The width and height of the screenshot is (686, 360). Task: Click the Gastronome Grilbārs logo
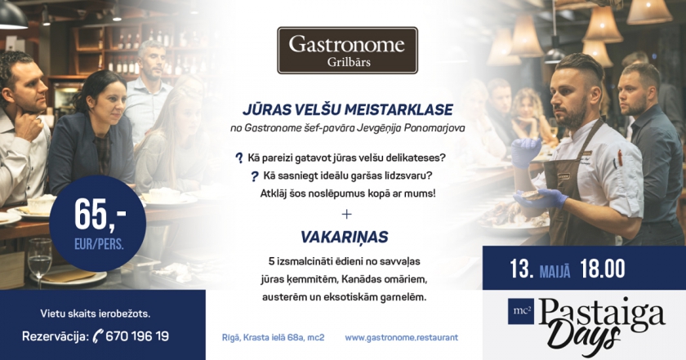tap(347, 51)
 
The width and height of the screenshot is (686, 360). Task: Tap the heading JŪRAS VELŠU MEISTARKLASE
tap(347, 109)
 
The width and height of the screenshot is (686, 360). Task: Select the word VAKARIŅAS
tap(345, 237)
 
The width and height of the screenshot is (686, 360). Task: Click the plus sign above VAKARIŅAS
tap(346, 214)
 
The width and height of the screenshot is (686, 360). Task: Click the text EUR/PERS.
tap(99, 244)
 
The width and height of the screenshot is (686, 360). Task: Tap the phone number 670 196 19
tap(137, 336)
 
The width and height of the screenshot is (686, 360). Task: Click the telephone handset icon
tap(98, 336)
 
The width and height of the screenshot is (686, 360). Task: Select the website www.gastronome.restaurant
tap(401, 338)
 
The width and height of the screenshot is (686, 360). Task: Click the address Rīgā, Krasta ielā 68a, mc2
tap(274, 338)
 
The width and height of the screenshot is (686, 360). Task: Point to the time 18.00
tap(603, 269)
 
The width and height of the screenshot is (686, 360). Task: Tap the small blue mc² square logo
tap(521, 311)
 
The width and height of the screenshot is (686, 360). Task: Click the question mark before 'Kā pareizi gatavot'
tap(238, 158)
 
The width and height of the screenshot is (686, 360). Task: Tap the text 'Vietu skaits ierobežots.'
tap(96, 313)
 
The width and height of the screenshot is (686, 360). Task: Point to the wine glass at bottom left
tap(40, 263)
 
